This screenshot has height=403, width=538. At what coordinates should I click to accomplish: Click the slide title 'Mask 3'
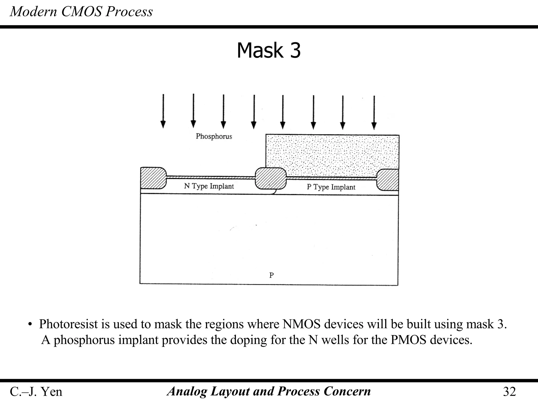pyautogui.click(x=268, y=50)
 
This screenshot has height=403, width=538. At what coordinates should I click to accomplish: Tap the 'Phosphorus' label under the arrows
pyautogui.click(x=214, y=136)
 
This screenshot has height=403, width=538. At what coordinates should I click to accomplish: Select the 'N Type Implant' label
pyautogui.click(x=209, y=186)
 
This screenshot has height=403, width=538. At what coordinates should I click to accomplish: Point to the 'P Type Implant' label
pyautogui.click(x=331, y=187)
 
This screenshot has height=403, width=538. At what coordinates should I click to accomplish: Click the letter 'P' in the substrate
pyautogui.click(x=272, y=275)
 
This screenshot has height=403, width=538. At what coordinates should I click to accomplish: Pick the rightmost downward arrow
pyautogui.click(x=374, y=112)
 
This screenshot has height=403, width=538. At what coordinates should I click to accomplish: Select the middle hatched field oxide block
pyautogui.click(x=271, y=178)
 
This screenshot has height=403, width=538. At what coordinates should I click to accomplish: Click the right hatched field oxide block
pyautogui.click(x=388, y=180)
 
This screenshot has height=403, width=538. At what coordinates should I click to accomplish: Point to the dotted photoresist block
pyautogui.click(x=332, y=155)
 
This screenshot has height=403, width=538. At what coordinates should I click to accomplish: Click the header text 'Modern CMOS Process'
pyautogui.click(x=81, y=12)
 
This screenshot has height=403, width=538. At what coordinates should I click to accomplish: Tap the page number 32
pyautogui.click(x=509, y=391)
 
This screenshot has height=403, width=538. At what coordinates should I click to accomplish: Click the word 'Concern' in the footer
pyautogui.click(x=347, y=391)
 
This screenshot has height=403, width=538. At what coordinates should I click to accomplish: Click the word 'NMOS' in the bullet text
pyautogui.click(x=302, y=324)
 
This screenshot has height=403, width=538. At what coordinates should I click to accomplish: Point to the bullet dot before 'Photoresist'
pyautogui.click(x=30, y=325)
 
